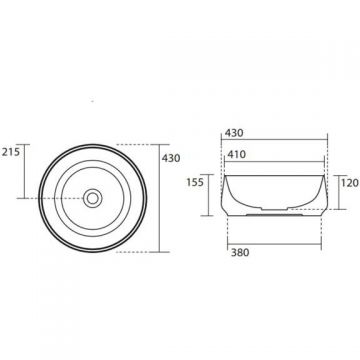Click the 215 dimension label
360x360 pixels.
(11, 152)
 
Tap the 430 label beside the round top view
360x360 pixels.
(171, 158)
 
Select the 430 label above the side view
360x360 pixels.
(234, 133)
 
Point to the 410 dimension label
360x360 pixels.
(236, 154)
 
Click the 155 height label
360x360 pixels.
(195, 183)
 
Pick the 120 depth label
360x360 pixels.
(350, 183)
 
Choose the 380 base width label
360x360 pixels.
(240, 253)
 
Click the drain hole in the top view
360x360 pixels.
(92, 198)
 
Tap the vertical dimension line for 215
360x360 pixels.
(24, 171)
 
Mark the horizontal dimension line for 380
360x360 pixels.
(274, 244)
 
